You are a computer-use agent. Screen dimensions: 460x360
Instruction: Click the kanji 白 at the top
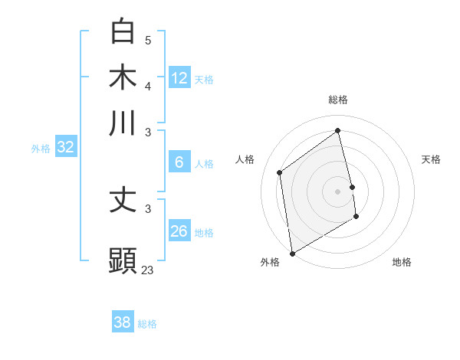coord(123,31)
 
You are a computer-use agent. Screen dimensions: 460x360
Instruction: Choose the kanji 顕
coord(123,260)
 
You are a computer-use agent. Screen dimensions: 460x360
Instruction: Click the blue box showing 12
coord(179,78)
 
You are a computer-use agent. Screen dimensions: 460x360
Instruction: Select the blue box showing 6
coord(179,162)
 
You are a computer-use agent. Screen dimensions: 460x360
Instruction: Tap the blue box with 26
coord(179,231)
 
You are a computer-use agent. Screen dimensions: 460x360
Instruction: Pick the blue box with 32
coord(65,148)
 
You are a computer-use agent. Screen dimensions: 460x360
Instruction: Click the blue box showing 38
coord(122,322)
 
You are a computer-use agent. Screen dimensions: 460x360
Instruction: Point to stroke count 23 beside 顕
coord(148,270)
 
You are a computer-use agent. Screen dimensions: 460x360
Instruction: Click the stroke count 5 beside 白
coord(148,40)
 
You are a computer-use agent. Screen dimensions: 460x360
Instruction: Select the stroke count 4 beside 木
coord(148,85)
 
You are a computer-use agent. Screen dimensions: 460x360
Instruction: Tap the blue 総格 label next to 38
coord(147,324)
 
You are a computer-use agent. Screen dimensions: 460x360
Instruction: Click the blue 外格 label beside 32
coord(41,149)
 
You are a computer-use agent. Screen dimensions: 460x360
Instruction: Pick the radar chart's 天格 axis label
coord(431,159)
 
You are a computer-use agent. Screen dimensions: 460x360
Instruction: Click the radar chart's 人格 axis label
coord(245,159)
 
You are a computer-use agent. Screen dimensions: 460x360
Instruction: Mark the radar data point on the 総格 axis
coord(338,130)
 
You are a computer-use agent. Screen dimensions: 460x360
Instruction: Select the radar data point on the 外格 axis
coord(292,253)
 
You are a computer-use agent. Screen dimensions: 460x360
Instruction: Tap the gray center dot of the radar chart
coord(338,190)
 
